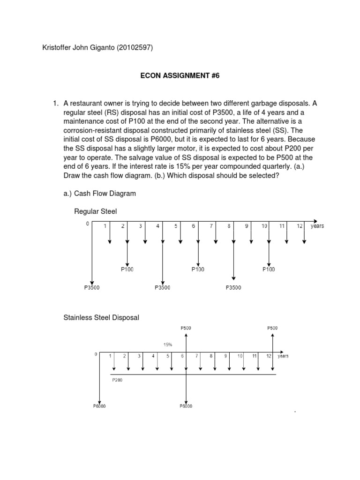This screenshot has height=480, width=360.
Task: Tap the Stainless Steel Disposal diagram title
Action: (101, 317)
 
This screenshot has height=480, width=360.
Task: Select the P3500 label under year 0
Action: (92, 287)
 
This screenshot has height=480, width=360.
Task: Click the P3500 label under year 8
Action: (233, 287)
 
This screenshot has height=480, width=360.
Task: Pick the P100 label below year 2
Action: (127, 269)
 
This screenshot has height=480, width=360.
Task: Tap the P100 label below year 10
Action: (269, 269)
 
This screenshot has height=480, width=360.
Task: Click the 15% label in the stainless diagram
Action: (168, 345)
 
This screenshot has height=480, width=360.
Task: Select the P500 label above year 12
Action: (272, 328)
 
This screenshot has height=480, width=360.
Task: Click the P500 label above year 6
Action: (186, 328)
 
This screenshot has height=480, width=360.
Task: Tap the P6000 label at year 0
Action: (99, 406)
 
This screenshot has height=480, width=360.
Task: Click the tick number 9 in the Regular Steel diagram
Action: (247, 226)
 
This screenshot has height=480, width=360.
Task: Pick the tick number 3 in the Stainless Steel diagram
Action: (139, 356)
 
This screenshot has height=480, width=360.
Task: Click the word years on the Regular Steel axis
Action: (317, 226)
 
